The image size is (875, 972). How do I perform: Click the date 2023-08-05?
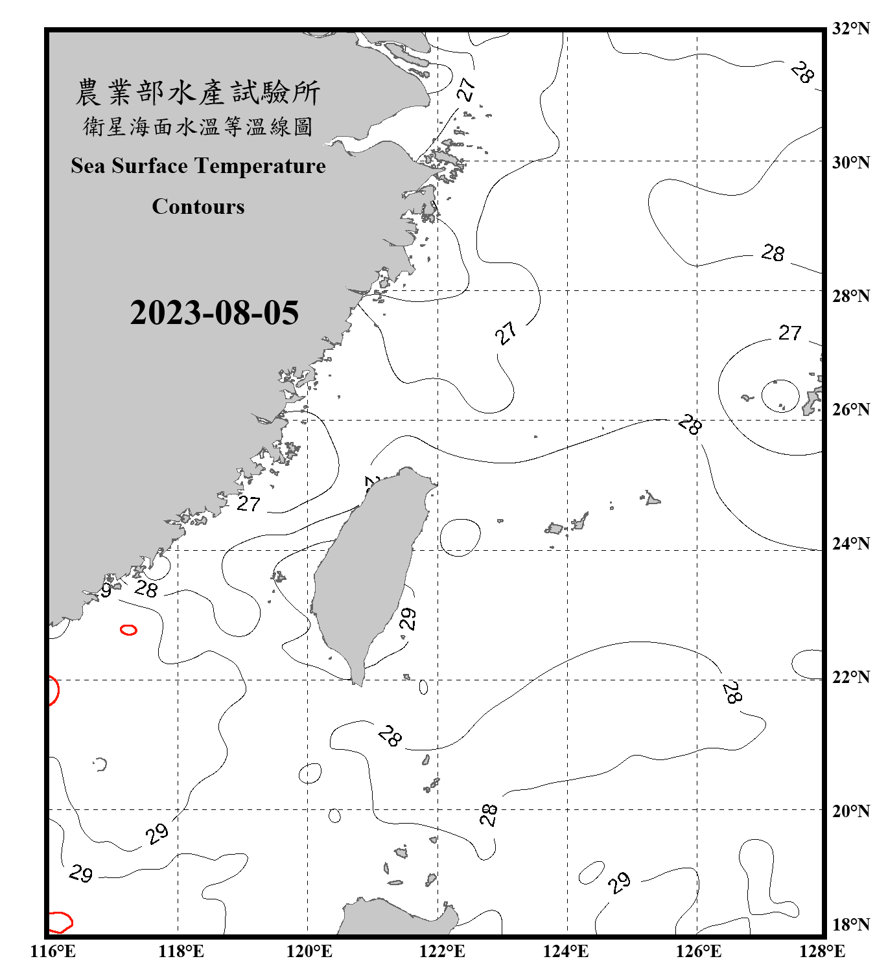pyautogui.click(x=214, y=313)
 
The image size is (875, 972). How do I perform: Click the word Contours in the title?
pyautogui.click(x=198, y=207)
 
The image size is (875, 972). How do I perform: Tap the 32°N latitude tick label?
pyautogui.click(x=850, y=29)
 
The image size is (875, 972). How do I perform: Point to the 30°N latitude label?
pyautogui.click(x=850, y=163)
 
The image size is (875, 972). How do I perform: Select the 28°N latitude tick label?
pyautogui.click(x=850, y=296)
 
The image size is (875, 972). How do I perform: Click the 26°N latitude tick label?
pyautogui.click(x=850, y=410)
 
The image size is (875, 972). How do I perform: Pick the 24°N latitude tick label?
pyautogui.click(x=850, y=544)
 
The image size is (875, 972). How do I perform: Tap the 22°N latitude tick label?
pyautogui.click(x=850, y=677)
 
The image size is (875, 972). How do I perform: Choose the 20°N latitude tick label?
pyautogui.click(x=850, y=811)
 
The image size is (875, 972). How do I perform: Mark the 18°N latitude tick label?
pyautogui.click(x=850, y=925)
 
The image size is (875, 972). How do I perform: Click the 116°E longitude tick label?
pyautogui.click(x=53, y=951)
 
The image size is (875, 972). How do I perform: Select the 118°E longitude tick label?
pyautogui.click(x=181, y=951)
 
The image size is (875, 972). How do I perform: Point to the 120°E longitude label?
pyautogui.click(x=309, y=951)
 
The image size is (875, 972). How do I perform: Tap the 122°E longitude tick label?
pyautogui.click(x=442, y=951)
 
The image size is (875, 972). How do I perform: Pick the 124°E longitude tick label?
pyautogui.click(x=566, y=951)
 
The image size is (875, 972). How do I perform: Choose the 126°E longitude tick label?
pyautogui.click(x=698, y=951)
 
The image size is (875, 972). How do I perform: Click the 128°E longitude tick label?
pyautogui.click(x=822, y=951)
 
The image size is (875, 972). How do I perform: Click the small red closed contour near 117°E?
pyautogui.click(x=128, y=629)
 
